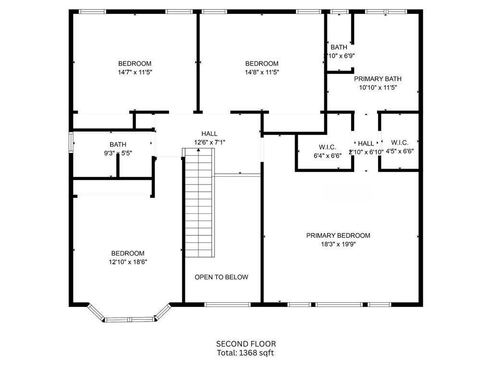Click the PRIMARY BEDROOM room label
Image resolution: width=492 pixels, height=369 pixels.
338,235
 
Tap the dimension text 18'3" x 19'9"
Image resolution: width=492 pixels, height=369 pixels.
338,244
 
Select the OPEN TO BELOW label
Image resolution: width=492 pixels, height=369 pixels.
221,277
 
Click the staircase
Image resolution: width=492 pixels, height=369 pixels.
199,202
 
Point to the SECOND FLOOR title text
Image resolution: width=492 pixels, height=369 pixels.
246,344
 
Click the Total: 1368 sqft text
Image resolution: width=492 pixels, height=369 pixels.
246,353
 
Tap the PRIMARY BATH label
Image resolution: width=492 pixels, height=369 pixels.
378,79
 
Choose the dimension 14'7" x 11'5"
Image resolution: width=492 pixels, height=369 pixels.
135,72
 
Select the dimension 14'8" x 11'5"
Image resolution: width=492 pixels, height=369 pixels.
262,72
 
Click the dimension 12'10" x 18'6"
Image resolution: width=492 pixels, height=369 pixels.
128,262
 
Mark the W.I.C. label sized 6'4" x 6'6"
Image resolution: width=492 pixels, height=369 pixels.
327,147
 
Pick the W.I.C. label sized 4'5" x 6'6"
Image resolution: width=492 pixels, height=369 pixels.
400,143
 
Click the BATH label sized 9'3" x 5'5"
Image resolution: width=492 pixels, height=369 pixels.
118,144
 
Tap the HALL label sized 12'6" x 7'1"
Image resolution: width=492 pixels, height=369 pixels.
209,134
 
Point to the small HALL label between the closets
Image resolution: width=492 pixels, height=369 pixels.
366,143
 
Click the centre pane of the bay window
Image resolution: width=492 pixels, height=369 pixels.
129,320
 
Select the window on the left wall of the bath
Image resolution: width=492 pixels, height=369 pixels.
71,142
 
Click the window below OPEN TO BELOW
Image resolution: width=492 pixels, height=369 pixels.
227,304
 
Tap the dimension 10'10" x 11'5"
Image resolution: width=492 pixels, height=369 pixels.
378,87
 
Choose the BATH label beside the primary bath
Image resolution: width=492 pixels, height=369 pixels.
339,47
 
